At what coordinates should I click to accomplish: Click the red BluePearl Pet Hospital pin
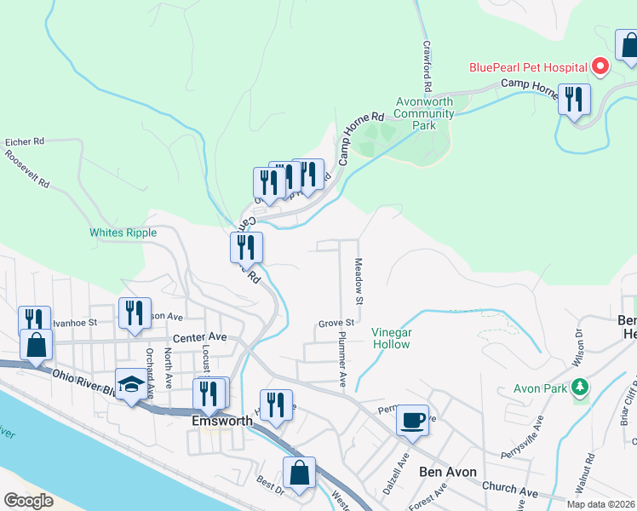pyautogui.click(x=600, y=66)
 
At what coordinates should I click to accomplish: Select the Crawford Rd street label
pyautogui.click(x=426, y=67)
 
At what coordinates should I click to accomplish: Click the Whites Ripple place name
pyautogui.click(x=123, y=233)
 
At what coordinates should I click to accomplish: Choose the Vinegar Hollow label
pyautogui.click(x=391, y=338)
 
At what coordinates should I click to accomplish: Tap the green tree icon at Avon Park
pyautogui.click(x=580, y=388)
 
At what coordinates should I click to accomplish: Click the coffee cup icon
pyautogui.click(x=413, y=420)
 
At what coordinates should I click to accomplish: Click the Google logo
pyautogui.click(x=28, y=500)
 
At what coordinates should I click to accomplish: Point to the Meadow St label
pyautogui.click(x=359, y=282)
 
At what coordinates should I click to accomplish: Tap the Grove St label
pyautogui.click(x=336, y=323)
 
